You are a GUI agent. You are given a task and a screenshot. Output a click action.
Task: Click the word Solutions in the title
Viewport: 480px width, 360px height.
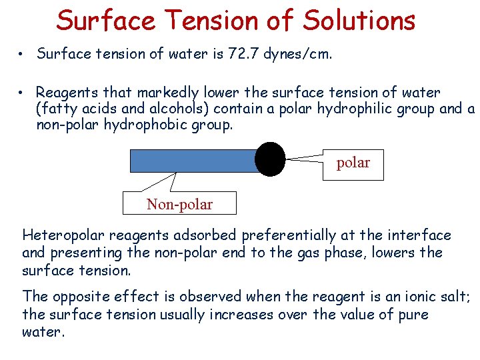click(x=359, y=20)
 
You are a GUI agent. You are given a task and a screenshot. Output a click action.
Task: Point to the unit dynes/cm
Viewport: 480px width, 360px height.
click(x=297, y=54)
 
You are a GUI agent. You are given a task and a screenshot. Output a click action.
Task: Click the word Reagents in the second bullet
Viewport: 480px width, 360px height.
click(x=65, y=93)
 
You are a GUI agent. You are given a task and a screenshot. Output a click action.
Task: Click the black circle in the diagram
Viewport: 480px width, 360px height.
click(x=270, y=159)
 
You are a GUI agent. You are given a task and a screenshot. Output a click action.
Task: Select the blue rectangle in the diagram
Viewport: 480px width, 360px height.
click(x=193, y=161)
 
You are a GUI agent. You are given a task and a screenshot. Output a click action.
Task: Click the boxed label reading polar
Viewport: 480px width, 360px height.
click(x=353, y=163)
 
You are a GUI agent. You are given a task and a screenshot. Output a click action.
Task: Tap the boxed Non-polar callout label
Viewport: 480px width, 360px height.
click(x=179, y=204)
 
